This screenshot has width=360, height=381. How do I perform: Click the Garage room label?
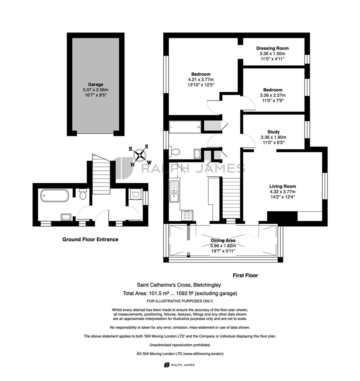pyautogui.click(x=96, y=84)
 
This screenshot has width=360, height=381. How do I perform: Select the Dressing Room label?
pyautogui.click(x=272, y=48)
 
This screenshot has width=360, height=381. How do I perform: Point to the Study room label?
pyautogui.click(x=274, y=132)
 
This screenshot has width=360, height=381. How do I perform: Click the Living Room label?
pyautogui.click(x=283, y=186)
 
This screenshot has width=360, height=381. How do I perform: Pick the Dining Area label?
pyautogui.click(x=223, y=240)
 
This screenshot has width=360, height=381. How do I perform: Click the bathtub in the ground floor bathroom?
pyautogui.click(x=55, y=195)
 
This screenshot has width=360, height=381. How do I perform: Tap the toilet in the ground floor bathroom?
pyautogui.click(x=83, y=194)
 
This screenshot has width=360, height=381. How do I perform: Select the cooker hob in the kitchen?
pyautogui.click(x=187, y=215)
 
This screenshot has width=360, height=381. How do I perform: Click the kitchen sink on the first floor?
pyautogui.click(x=174, y=192)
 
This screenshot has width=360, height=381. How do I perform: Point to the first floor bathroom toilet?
pyautogui.click(x=175, y=152)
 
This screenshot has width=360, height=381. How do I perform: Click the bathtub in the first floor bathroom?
pyautogui.click(x=185, y=127)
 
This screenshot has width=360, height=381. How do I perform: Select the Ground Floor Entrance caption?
pyautogui.click(x=90, y=239)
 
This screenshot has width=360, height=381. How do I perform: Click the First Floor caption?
pyautogui.click(x=245, y=275)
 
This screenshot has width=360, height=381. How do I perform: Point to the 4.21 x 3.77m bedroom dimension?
pyautogui.click(x=201, y=79)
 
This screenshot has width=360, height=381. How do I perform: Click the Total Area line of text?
pyautogui.click(x=180, y=293)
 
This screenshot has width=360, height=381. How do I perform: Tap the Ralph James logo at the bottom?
pyautogui.click(x=180, y=365)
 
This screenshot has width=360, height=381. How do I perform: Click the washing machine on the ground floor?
pyautogui.click(x=134, y=194)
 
